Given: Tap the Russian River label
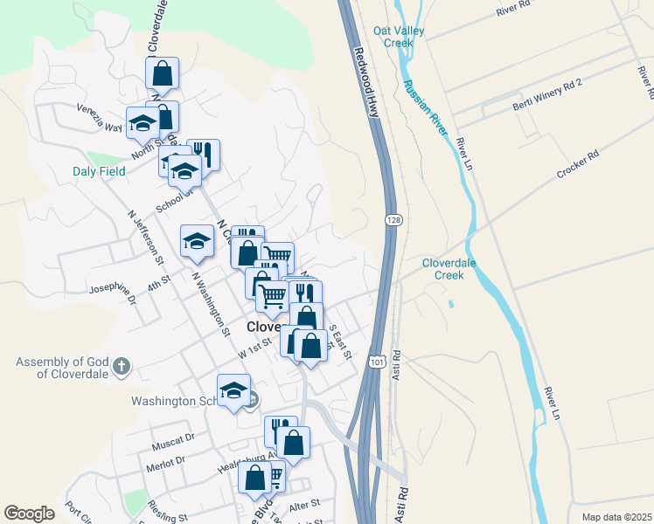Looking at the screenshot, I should coord(425,107).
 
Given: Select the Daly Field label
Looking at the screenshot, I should coord(99,171).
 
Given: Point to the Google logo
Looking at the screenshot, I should coord(29,514).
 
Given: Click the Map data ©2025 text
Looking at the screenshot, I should coord(616,517).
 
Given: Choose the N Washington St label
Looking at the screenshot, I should coord(210,301).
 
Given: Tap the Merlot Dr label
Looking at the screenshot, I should coord(169,461).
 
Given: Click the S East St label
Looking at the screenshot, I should coord(340,342).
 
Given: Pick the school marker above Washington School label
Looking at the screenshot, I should coord(233,391).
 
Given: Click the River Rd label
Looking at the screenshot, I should coord(513,8).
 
